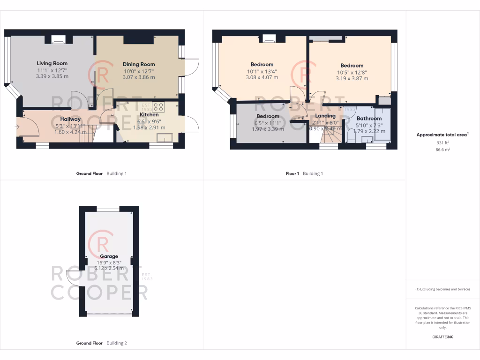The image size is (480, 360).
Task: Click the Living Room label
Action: [52, 63]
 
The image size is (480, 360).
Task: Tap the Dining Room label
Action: [139, 64]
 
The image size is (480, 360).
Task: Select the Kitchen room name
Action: [149, 114]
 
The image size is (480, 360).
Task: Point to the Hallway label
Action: [70, 119]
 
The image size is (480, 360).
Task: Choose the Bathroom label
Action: [369, 119]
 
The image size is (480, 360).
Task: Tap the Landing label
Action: [325, 116]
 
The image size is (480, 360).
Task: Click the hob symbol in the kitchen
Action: [158, 106]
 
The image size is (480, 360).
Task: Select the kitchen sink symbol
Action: [165, 137]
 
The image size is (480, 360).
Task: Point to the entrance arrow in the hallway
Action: [18, 126]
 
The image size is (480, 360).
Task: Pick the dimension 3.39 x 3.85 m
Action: [52, 76]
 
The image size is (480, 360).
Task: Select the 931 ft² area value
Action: [443, 142]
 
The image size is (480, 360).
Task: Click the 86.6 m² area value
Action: [443, 150]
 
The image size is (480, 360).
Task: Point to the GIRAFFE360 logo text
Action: [443, 337]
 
